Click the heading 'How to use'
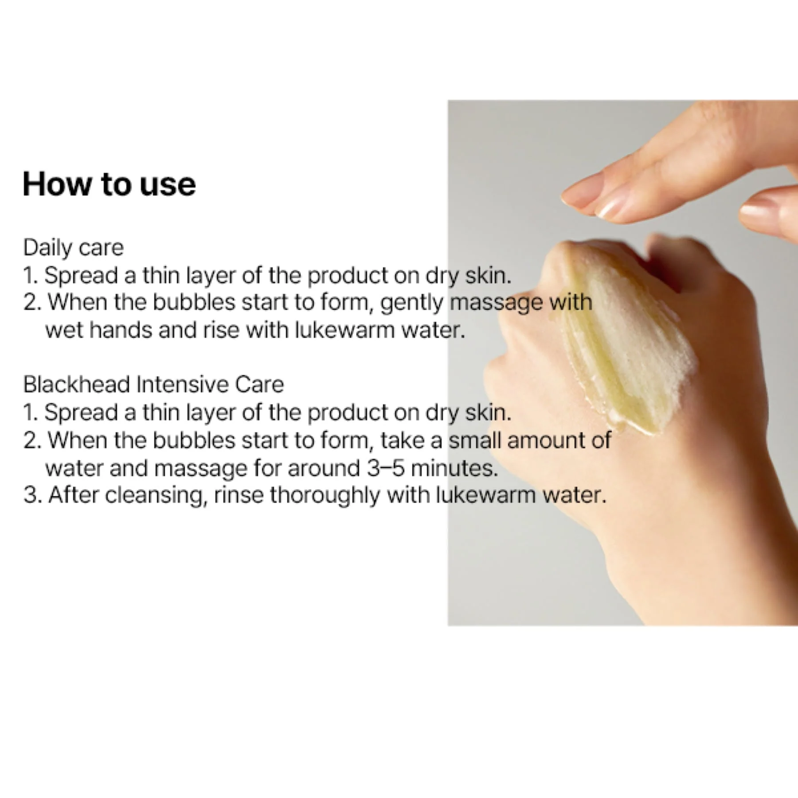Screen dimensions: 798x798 [x=109, y=184]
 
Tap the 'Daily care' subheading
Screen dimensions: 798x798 [x=73, y=247]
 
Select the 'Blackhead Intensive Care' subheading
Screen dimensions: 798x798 [x=153, y=384]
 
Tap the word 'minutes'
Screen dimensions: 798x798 [x=454, y=468]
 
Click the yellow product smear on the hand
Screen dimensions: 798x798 [x=621, y=350]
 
